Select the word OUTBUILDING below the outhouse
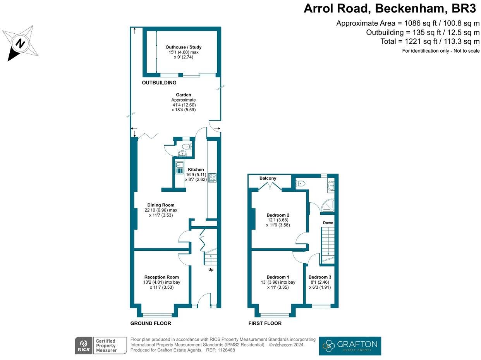tap(159, 83)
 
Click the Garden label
tap(184, 95)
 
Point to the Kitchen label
tap(196, 170)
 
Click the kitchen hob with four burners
tap(212, 177)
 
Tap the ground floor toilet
tap(186, 146)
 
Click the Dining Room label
tap(161, 205)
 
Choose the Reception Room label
tap(161, 277)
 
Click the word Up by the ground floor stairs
tap(211, 269)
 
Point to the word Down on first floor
tap(328, 223)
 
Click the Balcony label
tap(268, 178)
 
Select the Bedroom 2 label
tap(278, 215)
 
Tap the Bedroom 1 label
tap(278, 277)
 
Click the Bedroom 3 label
tap(320, 277)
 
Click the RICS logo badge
tap(83, 345)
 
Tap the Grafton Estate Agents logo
tap(350, 346)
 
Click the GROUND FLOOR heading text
tap(151, 323)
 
